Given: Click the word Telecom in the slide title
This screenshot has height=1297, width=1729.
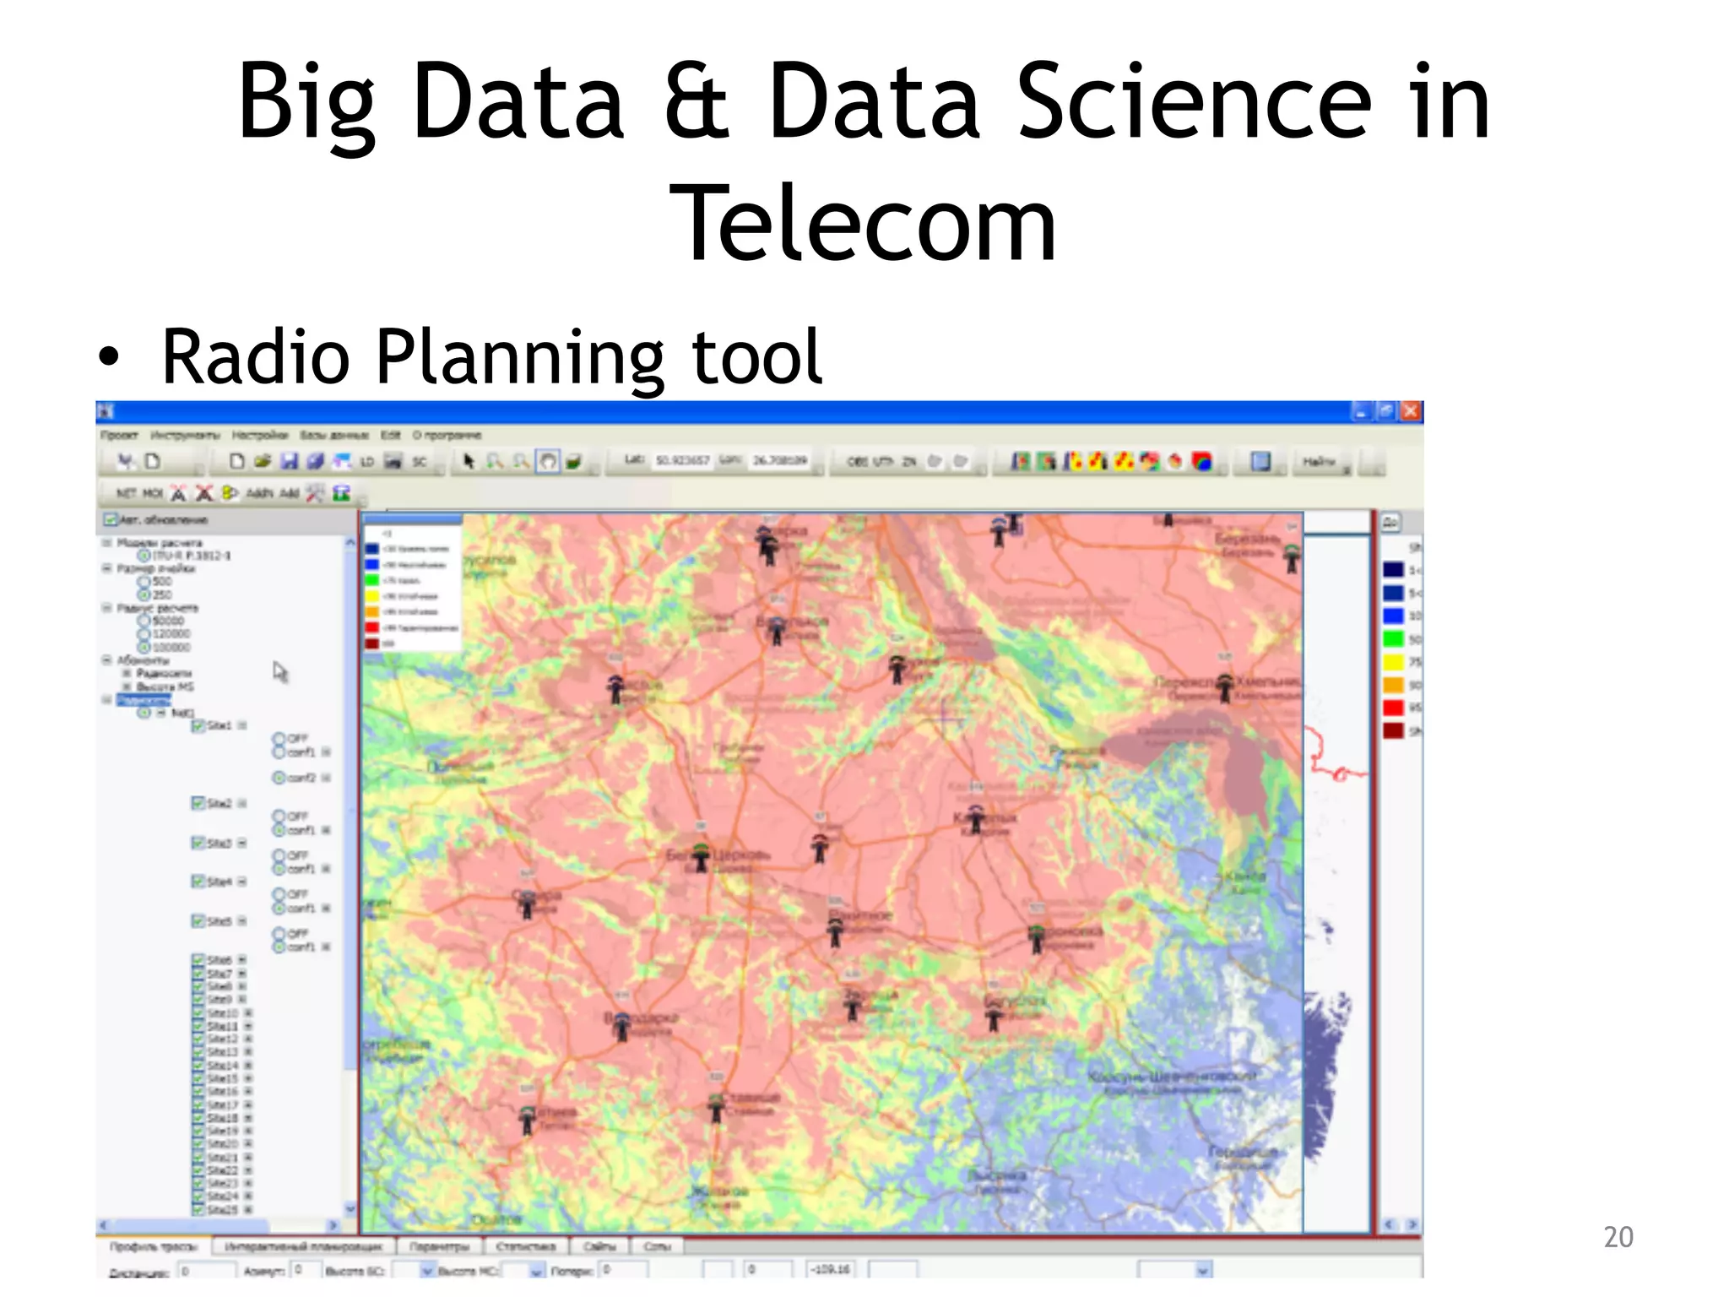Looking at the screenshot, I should click(x=863, y=225).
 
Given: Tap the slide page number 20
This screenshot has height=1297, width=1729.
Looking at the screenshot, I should click(x=1618, y=1237).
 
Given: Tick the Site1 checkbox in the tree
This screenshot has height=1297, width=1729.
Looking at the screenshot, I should click(x=198, y=726).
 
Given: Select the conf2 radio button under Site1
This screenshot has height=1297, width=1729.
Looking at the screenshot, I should click(x=279, y=778).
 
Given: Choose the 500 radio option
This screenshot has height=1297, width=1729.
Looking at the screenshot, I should click(x=144, y=582).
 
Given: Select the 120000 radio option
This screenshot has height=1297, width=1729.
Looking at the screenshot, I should click(x=144, y=634).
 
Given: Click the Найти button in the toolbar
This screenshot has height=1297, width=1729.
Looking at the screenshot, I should click(x=1318, y=462).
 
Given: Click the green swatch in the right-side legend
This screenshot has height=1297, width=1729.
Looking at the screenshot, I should click(x=1393, y=639).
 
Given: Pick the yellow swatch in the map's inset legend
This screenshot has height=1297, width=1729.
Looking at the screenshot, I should click(x=371, y=596).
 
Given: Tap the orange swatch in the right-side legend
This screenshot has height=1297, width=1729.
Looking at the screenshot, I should click(x=1393, y=685).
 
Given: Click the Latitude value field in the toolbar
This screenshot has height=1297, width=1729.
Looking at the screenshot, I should click(x=682, y=461).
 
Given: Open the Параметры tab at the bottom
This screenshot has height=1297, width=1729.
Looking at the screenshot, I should click(x=439, y=1246).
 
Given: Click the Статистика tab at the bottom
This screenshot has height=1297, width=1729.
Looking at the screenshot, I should click(x=525, y=1246).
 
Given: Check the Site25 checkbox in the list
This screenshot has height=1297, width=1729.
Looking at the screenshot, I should click(x=198, y=1210).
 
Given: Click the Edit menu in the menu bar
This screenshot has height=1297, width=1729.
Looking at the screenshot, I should click(x=390, y=436).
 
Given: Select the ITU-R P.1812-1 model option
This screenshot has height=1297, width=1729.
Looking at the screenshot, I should click(x=144, y=556).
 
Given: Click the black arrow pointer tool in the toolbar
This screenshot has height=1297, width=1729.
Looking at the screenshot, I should click(x=469, y=461).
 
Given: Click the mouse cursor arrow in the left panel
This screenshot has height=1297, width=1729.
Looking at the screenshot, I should click(x=280, y=672).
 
